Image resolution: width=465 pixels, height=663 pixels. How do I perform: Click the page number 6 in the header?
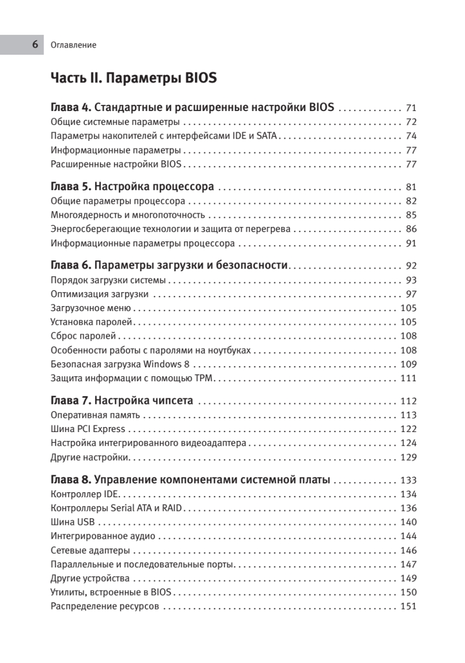click(35, 45)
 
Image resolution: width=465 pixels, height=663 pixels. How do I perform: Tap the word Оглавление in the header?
click(73, 45)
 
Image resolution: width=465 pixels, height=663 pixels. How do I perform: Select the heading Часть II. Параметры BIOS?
click(133, 78)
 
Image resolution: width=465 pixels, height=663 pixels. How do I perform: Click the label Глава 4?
click(71, 107)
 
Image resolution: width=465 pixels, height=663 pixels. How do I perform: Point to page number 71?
click(410, 108)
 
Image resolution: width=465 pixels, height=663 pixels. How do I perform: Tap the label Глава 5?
click(71, 187)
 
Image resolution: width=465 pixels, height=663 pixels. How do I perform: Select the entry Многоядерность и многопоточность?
click(128, 215)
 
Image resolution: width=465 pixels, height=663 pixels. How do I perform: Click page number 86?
click(410, 229)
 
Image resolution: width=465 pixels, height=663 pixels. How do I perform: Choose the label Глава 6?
click(71, 265)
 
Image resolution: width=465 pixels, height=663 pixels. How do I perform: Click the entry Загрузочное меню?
click(91, 308)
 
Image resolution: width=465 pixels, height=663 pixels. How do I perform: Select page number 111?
click(408, 378)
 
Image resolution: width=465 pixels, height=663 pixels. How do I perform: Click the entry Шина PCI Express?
click(88, 429)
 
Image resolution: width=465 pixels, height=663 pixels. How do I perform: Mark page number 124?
click(408, 443)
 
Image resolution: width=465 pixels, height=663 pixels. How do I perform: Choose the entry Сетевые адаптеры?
click(90, 550)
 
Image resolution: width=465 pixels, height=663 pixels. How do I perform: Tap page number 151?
click(408, 607)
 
